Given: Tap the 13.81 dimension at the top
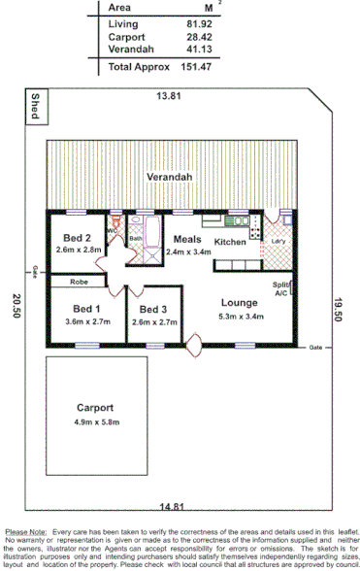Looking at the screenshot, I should pyautogui.click(x=171, y=96).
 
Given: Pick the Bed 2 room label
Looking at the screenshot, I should pyautogui.click(x=78, y=239).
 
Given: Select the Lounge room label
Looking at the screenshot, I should pyautogui.click(x=238, y=302).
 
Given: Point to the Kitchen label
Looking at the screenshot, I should pyautogui.click(x=230, y=242).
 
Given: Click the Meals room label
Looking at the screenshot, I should pyautogui.click(x=187, y=239).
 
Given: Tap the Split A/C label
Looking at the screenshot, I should pyautogui.click(x=281, y=288).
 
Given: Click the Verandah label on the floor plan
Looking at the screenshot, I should pyautogui.click(x=166, y=178).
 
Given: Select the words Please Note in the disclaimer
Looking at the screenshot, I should pyautogui.click(x=26, y=532).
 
